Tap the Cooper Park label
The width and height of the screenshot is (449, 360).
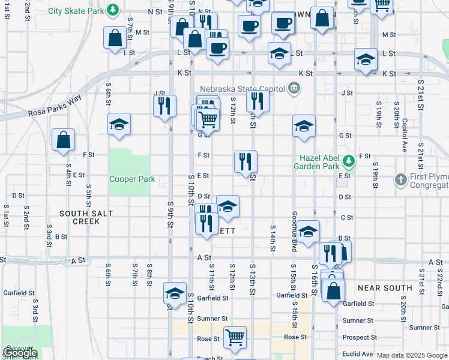tap(132, 179)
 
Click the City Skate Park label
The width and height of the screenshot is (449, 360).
tap(75, 11)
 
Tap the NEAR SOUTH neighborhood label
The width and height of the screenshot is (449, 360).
tap(385, 288)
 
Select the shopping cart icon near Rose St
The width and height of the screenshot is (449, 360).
tap(235, 336)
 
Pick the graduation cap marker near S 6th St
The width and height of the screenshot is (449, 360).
tap(119, 125)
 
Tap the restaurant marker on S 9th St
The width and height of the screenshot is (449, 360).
tap(164, 106)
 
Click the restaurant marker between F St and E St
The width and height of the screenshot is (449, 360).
tap(246, 161)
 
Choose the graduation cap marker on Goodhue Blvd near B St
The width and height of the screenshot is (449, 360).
tap(308, 232)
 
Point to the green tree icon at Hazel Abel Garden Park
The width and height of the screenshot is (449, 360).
tap(348, 161)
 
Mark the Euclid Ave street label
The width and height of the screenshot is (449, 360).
tap(358, 354)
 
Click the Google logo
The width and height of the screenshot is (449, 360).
tap(19, 353)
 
